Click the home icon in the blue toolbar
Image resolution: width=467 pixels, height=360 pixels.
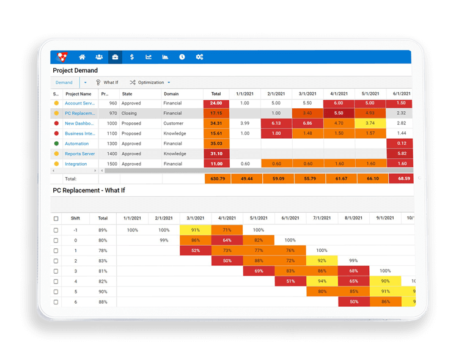83,57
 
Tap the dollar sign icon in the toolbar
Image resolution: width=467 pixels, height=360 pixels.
131,57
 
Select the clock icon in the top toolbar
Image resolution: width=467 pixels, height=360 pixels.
182,57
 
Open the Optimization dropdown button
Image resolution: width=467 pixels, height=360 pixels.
150,83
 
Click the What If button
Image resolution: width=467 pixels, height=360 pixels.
107,83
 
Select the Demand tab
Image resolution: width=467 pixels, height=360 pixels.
64,83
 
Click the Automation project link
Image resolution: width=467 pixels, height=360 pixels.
77,144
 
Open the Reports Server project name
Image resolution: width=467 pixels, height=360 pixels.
80,154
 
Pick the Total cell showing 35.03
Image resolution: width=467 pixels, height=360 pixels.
216,144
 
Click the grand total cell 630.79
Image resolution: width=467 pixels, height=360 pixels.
216,178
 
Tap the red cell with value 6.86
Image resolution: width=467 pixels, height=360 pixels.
307,123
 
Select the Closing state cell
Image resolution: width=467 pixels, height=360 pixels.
129,113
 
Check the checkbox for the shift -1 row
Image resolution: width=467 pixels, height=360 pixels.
56,230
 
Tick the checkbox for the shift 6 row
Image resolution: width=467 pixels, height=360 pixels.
56,302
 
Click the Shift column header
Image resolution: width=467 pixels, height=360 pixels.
75,218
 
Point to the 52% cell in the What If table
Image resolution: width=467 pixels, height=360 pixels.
195,251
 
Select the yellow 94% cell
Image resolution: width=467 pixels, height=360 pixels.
322,281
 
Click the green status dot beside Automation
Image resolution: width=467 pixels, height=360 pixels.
56,144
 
